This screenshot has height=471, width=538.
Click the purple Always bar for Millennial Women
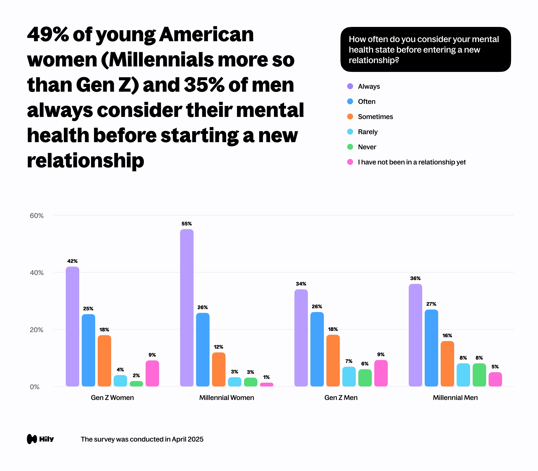point(187,307)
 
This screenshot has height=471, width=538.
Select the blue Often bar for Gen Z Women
point(88,350)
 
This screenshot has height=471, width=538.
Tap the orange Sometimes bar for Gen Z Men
point(333,360)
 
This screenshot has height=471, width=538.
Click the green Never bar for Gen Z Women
point(136,384)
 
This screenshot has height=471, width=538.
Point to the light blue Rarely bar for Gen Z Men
point(349,376)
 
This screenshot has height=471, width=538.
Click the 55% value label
point(187,224)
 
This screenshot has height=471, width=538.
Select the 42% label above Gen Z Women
point(72,261)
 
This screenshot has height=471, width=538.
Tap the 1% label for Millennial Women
point(266,377)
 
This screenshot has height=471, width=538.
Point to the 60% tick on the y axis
point(37,216)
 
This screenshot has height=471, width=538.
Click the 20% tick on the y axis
point(37,330)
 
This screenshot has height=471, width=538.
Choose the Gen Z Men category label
point(341,397)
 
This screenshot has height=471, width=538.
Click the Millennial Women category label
point(227,397)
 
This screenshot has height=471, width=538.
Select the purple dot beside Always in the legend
point(350,86)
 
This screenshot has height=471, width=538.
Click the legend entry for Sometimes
point(375,117)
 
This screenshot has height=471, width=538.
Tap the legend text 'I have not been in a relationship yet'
point(412,162)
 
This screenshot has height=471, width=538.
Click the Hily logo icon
point(32,439)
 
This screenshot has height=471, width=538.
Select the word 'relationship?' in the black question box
point(374,60)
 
